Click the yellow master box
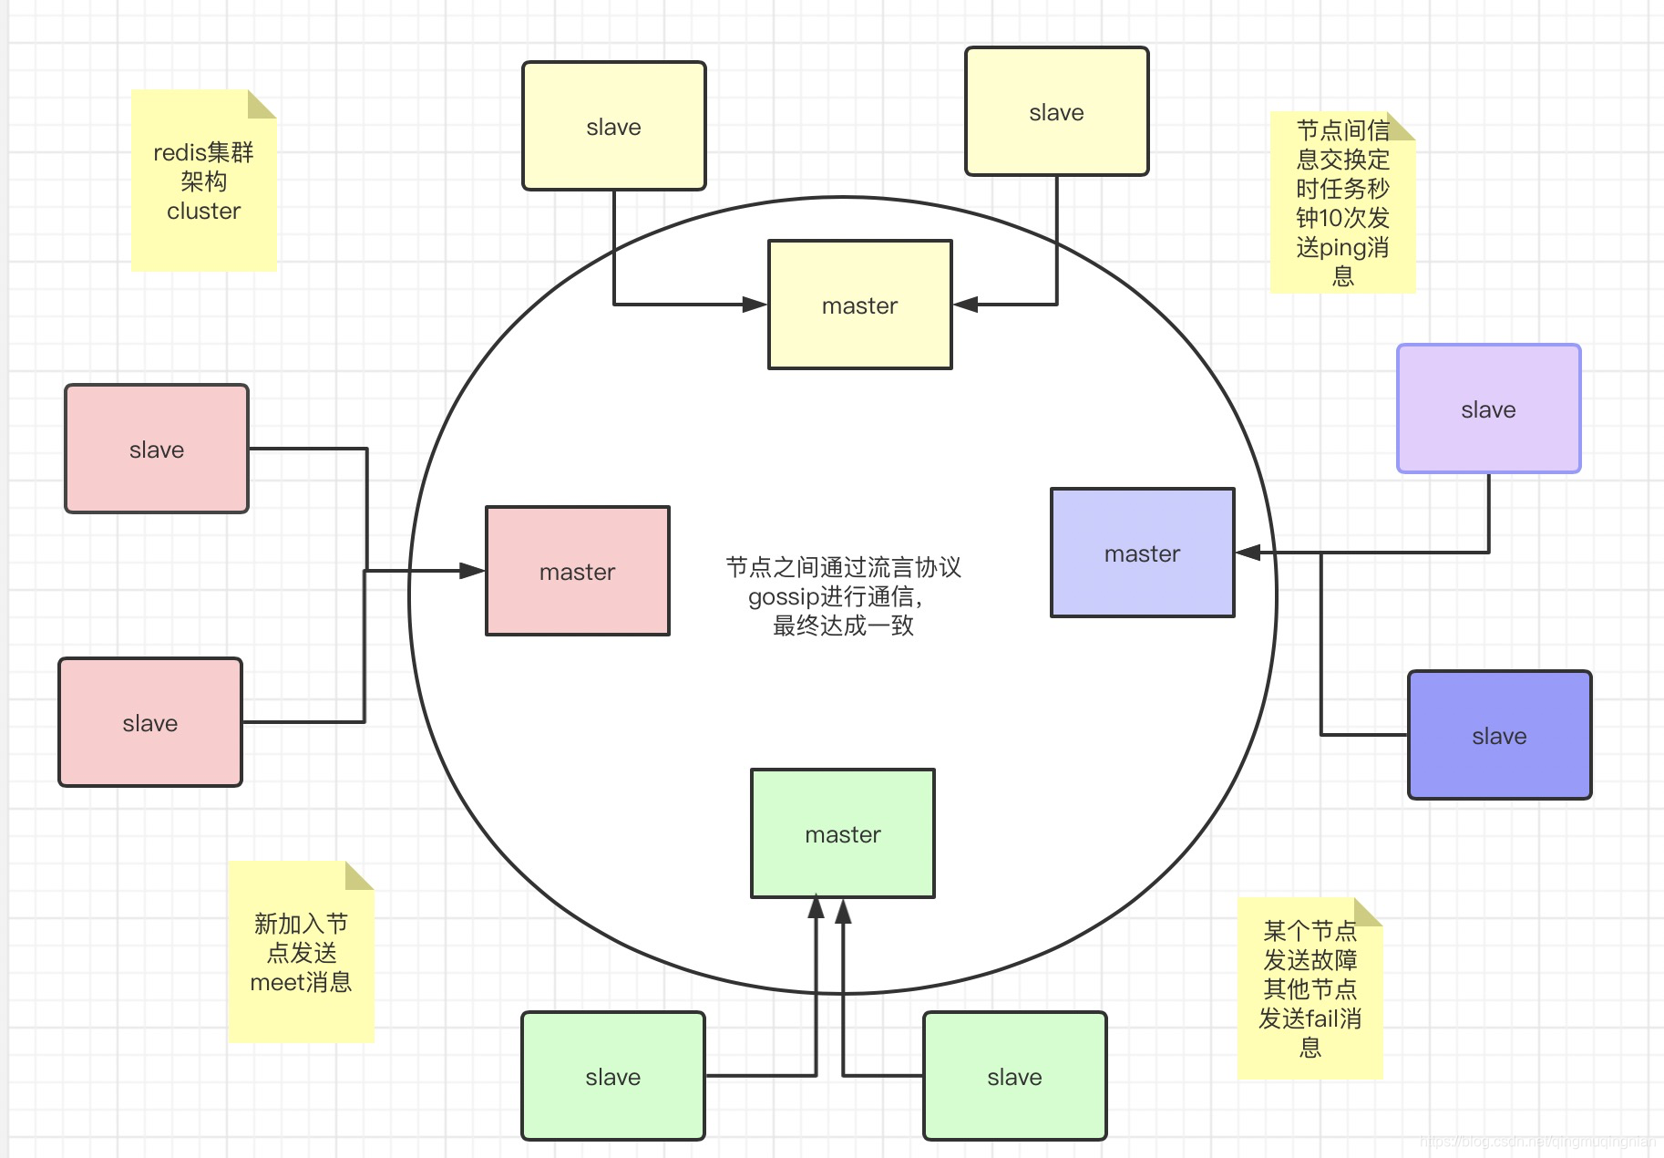[x=859, y=305]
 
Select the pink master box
[x=577, y=571]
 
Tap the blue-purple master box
[x=1142, y=553]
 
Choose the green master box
[x=842, y=833]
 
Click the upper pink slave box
[x=157, y=449]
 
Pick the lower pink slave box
[x=150, y=722]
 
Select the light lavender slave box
[x=1488, y=408]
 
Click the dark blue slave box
[x=1499, y=735]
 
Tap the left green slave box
[x=612, y=1076]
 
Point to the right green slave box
[x=1014, y=1076]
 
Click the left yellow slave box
[x=613, y=126]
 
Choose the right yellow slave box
[x=1056, y=111]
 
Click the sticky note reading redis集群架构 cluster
[x=203, y=181]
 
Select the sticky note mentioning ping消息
[x=1342, y=202]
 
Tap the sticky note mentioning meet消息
[x=301, y=953]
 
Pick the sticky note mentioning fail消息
[x=1310, y=988]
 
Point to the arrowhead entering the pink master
[x=472, y=571]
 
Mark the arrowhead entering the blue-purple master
[x=1248, y=553]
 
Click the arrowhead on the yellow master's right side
[x=966, y=305]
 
